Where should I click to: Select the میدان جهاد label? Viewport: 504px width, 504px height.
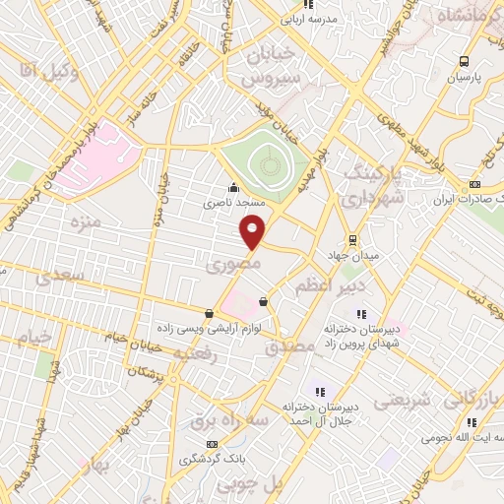[352, 258]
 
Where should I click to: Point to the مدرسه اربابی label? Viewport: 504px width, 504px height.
[309, 18]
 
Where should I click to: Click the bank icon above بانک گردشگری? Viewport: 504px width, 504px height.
[214, 444]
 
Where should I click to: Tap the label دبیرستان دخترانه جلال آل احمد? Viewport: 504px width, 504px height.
[310, 413]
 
